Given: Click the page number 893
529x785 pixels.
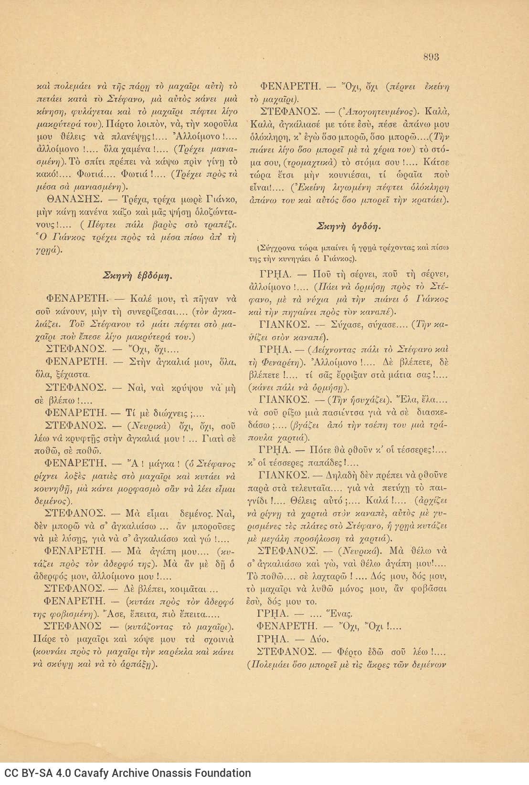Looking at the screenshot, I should [x=431, y=57].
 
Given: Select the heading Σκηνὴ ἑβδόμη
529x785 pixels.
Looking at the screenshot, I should [x=138, y=275].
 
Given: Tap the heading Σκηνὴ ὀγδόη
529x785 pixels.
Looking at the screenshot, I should [x=349, y=226].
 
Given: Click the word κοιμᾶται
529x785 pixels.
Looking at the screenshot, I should [x=185, y=589].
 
